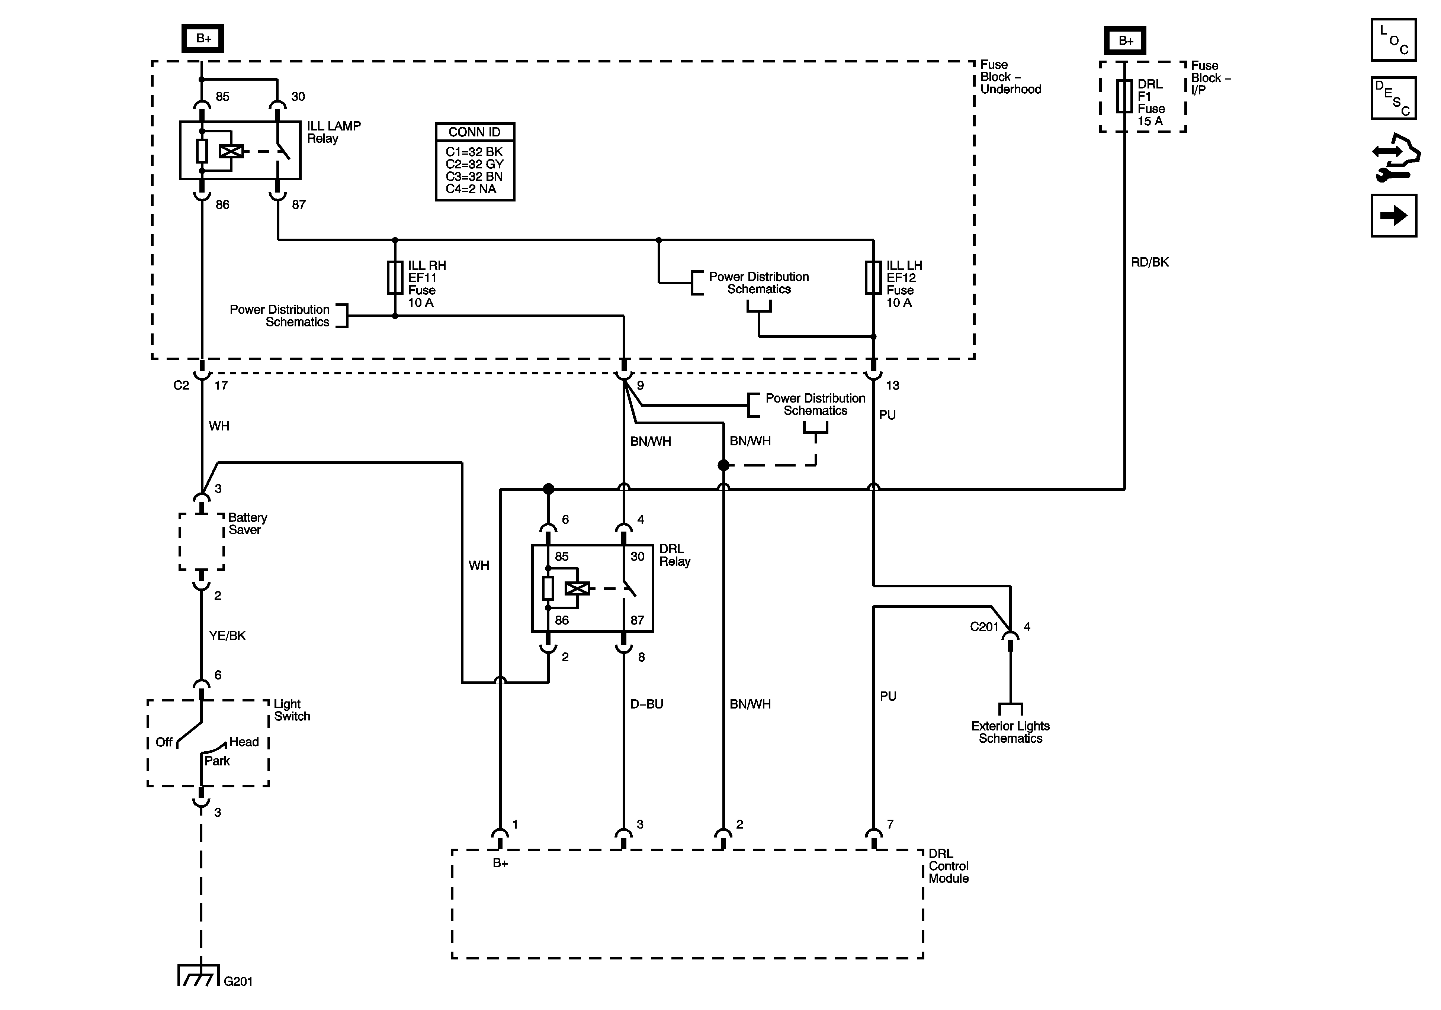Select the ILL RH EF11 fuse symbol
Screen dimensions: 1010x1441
(x=395, y=278)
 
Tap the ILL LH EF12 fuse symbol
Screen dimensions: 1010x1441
(x=873, y=278)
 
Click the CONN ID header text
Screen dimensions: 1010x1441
(x=475, y=132)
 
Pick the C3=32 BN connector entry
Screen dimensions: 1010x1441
(x=474, y=176)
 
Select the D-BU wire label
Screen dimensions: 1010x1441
(x=646, y=704)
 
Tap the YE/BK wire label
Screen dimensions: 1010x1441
(x=227, y=636)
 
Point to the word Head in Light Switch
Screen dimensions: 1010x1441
(x=244, y=742)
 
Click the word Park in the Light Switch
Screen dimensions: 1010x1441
(x=217, y=761)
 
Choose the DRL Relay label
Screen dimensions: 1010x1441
(x=675, y=555)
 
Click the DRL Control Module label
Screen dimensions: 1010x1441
(x=948, y=866)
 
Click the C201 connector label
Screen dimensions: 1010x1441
(x=983, y=627)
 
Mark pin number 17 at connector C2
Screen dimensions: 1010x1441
(x=221, y=385)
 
